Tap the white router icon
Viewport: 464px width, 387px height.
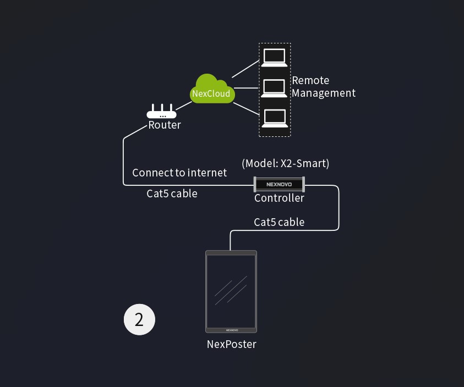coord(161,112)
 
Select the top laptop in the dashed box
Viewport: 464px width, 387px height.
coord(274,57)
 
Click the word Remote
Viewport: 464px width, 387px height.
coord(310,81)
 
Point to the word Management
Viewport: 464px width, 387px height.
coord(324,93)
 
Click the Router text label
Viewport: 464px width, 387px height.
coord(165,125)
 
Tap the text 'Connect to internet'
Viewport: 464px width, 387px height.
coord(179,173)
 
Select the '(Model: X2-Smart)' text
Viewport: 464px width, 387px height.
coord(285,163)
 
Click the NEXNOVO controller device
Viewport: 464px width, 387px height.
coord(279,185)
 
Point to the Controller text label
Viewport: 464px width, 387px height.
coord(279,198)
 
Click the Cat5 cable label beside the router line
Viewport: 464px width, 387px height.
coord(172,193)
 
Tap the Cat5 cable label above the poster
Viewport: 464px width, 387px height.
coord(279,222)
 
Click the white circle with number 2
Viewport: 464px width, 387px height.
coord(139,319)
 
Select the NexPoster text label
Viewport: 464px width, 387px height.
coord(232,345)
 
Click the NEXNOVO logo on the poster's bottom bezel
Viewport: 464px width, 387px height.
coord(232,330)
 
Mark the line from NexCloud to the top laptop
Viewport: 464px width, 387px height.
coord(245,69)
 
